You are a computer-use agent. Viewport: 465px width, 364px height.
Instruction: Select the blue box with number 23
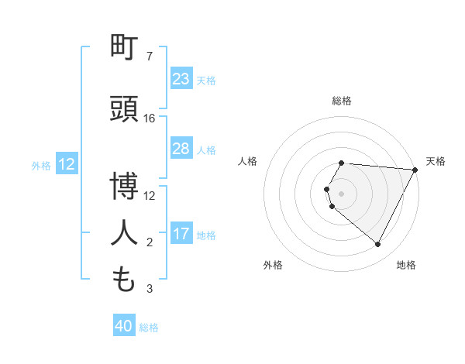(181, 79)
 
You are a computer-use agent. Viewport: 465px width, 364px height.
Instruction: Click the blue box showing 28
(181, 149)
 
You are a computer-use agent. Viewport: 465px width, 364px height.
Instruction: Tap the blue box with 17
(181, 234)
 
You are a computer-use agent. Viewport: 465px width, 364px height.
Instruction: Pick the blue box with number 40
(124, 326)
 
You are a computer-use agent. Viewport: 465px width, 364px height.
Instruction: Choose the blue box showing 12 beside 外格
(67, 164)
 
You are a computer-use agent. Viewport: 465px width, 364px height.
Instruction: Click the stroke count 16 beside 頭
(150, 118)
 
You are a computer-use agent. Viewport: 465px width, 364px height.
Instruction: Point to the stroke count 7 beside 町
(149, 57)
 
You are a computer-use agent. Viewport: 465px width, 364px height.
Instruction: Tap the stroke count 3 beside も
(149, 289)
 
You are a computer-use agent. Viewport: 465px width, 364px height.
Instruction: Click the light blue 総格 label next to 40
(149, 328)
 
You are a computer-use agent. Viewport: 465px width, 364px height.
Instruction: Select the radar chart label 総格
(342, 101)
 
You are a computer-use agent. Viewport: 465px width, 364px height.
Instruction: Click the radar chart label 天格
(436, 161)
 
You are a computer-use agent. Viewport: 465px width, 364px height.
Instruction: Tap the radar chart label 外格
(273, 265)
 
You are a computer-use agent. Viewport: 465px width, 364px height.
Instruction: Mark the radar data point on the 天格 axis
(415, 170)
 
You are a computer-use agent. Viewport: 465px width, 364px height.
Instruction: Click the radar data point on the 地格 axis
(378, 245)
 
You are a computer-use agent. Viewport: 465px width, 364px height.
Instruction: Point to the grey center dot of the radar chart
(342, 193)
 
